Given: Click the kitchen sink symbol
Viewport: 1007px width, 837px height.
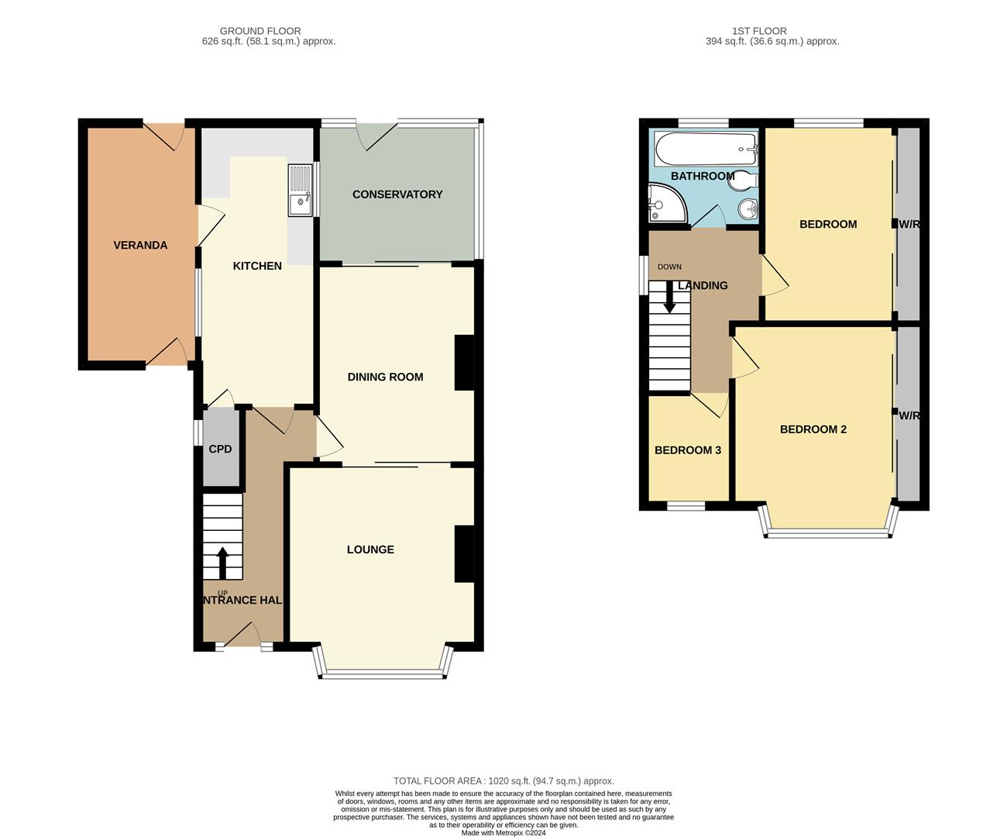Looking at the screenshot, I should pyautogui.click(x=300, y=190).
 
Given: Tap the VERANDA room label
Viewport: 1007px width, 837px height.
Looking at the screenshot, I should pyautogui.click(x=140, y=245).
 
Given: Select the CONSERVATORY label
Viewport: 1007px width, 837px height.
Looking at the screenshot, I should pyautogui.click(x=397, y=194).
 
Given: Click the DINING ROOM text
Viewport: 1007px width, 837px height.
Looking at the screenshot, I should pyautogui.click(x=385, y=377).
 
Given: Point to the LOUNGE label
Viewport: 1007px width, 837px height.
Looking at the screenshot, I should pyautogui.click(x=370, y=549).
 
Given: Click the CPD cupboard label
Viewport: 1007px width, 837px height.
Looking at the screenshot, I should pyautogui.click(x=220, y=449).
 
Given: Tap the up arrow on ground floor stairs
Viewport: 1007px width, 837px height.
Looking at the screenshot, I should pyautogui.click(x=222, y=563).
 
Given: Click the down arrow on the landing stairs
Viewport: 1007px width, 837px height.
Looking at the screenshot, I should pyautogui.click(x=669, y=298).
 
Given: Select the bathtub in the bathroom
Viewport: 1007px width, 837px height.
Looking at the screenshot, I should pyautogui.click(x=705, y=147).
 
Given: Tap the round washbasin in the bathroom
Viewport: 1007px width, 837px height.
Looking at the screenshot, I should pyautogui.click(x=747, y=208).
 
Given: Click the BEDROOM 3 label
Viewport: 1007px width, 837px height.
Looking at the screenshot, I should pyautogui.click(x=688, y=449).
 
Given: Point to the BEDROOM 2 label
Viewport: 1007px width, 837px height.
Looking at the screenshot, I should pyautogui.click(x=813, y=429).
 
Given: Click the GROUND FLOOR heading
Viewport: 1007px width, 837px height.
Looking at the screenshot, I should pyautogui.click(x=261, y=31).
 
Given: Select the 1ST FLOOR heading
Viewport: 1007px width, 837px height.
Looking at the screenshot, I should pyautogui.click(x=759, y=31).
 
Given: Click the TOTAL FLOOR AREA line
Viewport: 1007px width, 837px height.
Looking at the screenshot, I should pyautogui.click(x=503, y=781).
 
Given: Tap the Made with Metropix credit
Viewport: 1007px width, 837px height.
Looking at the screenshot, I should pyautogui.click(x=503, y=833).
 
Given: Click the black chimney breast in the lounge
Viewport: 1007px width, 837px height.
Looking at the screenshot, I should pyautogui.click(x=464, y=553).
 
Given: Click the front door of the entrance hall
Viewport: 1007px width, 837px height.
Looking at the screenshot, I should pyautogui.click(x=243, y=635).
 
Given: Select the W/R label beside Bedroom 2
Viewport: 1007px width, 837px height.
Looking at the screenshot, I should pyautogui.click(x=909, y=415).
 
